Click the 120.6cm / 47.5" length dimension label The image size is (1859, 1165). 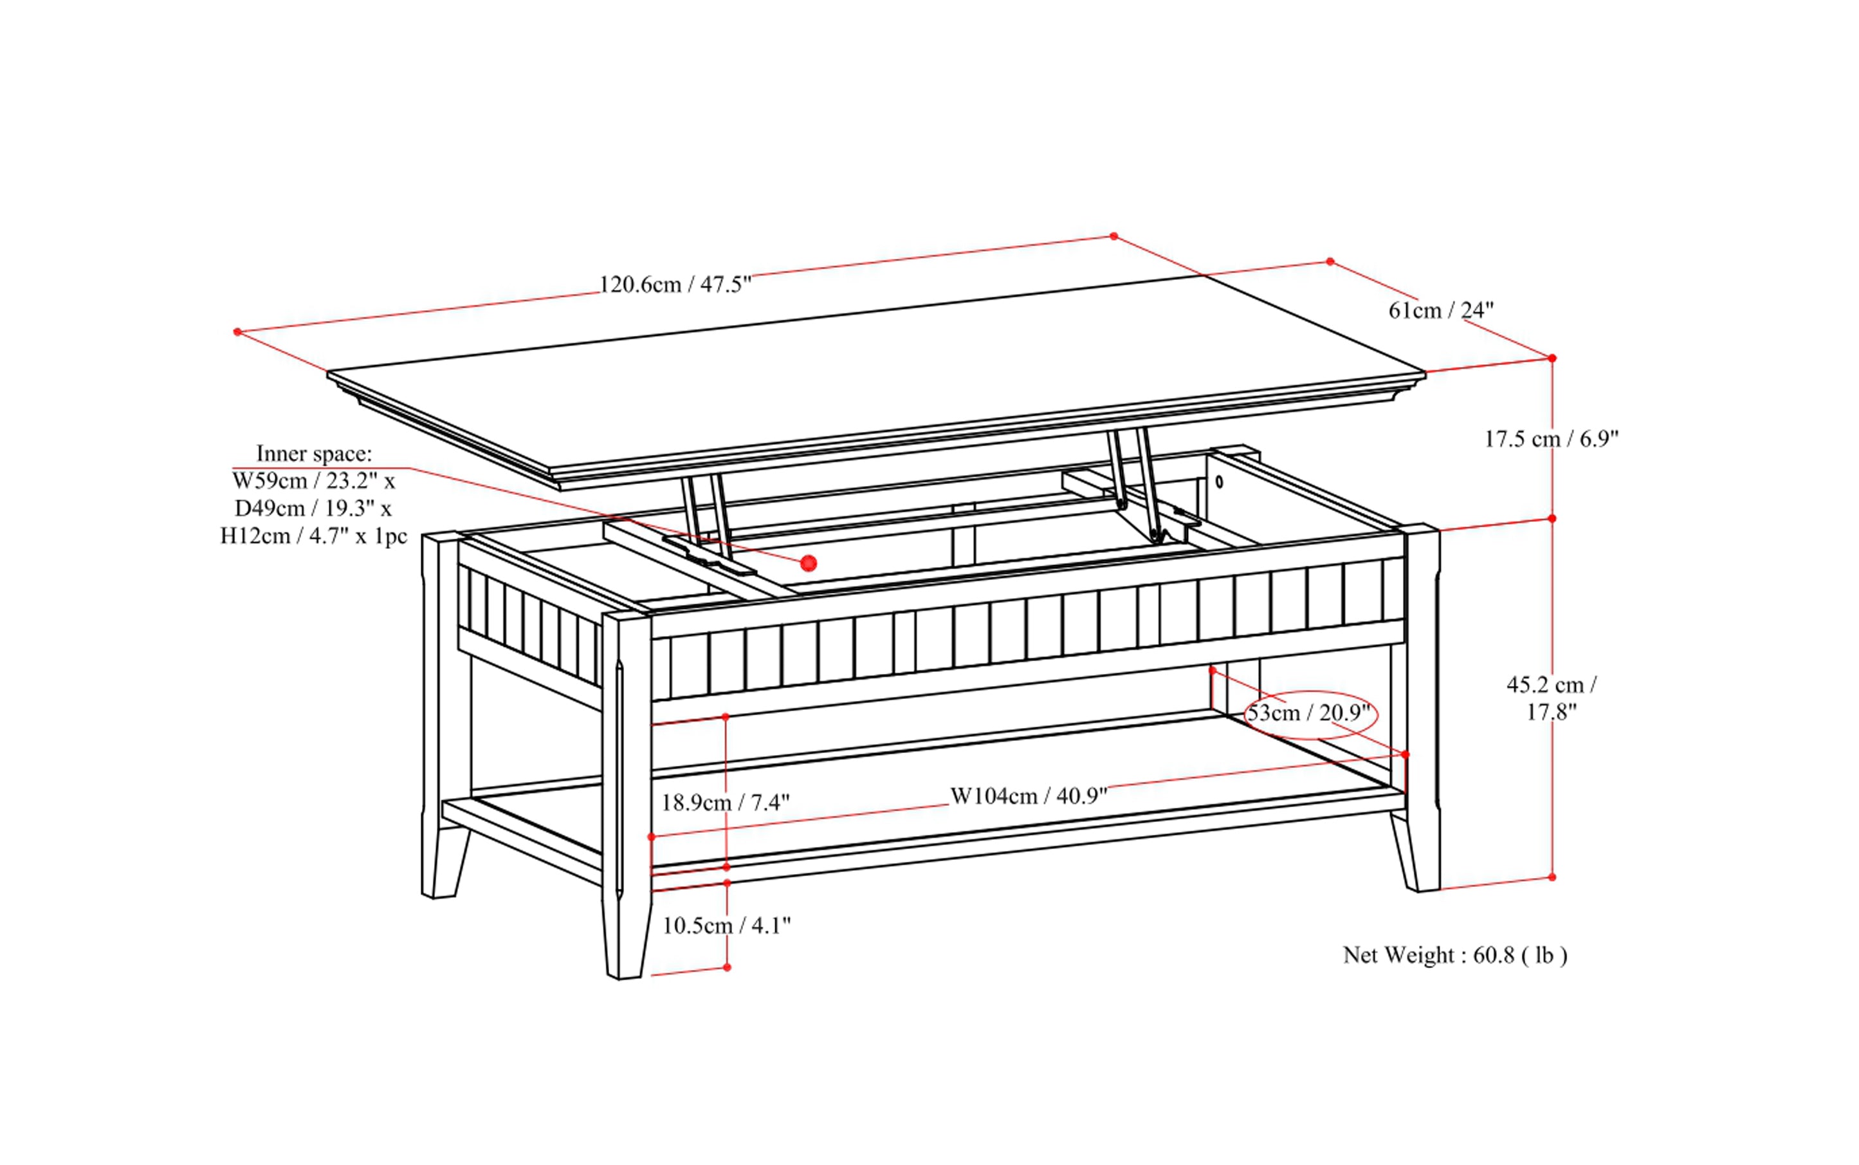tap(675, 284)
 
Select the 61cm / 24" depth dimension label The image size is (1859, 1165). tap(1440, 310)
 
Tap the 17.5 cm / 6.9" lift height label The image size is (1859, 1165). tap(1551, 438)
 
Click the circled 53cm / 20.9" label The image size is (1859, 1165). tap(1309, 713)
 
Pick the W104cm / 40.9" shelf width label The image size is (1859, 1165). tap(1028, 796)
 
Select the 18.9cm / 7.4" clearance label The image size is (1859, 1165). tap(726, 803)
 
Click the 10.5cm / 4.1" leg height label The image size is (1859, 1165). tap(726, 926)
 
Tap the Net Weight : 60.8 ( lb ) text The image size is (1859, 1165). tap(1454, 955)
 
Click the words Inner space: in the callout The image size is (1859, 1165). tap(313, 453)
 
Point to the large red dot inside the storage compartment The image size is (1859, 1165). tap(808, 563)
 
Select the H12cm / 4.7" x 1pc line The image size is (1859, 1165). tap(313, 536)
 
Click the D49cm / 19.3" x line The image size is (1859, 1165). tap(313, 508)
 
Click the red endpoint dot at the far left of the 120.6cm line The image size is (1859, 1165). tap(237, 332)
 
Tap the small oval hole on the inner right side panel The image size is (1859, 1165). tap(1219, 482)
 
